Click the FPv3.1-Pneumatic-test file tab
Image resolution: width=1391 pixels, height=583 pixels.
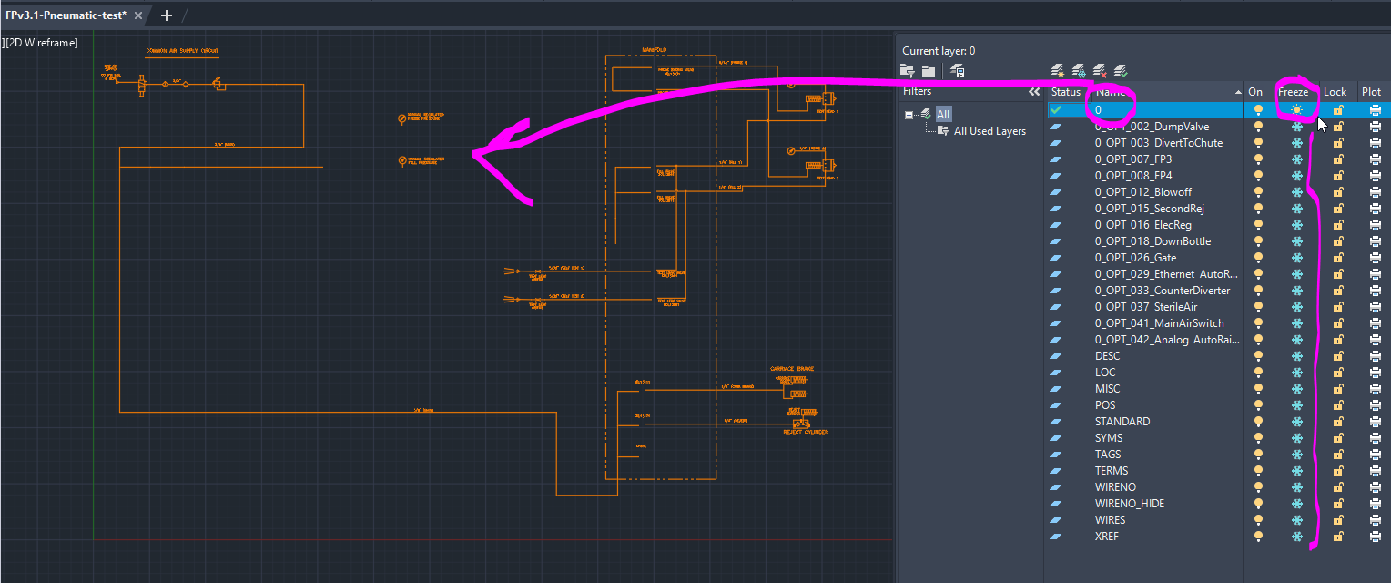(66, 15)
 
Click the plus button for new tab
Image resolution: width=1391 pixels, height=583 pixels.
(166, 15)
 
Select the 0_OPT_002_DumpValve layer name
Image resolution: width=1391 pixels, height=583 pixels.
(1151, 127)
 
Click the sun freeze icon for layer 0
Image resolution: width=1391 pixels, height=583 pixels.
(1296, 110)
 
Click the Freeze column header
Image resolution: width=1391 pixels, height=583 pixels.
(1293, 92)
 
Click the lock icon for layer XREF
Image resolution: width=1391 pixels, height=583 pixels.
(1337, 537)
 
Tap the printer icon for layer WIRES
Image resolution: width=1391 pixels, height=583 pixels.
(1375, 520)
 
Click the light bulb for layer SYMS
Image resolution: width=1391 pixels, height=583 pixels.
(1259, 438)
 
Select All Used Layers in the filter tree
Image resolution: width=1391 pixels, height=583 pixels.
(990, 131)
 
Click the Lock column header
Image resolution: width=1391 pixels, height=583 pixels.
(1335, 92)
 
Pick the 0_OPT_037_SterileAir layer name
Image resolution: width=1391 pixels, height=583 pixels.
(1146, 307)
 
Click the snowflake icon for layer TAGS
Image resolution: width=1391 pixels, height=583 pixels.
(1296, 455)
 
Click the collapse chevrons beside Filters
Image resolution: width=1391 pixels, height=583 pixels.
(1033, 92)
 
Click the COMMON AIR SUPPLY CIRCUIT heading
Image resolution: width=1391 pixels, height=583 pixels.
(182, 51)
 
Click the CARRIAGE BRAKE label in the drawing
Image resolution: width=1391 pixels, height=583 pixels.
(791, 369)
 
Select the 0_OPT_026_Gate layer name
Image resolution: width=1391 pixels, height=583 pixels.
(1135, 258)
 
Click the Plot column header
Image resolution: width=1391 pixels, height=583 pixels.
(1371, 92)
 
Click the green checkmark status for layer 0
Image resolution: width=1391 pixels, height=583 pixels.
(1056, 110)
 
